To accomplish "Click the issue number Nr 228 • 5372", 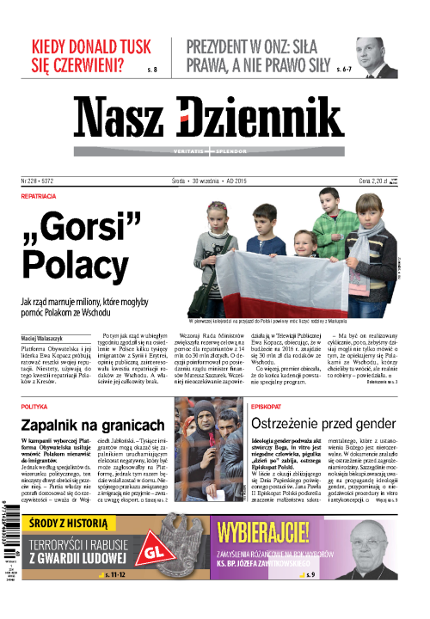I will pos(44,181).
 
